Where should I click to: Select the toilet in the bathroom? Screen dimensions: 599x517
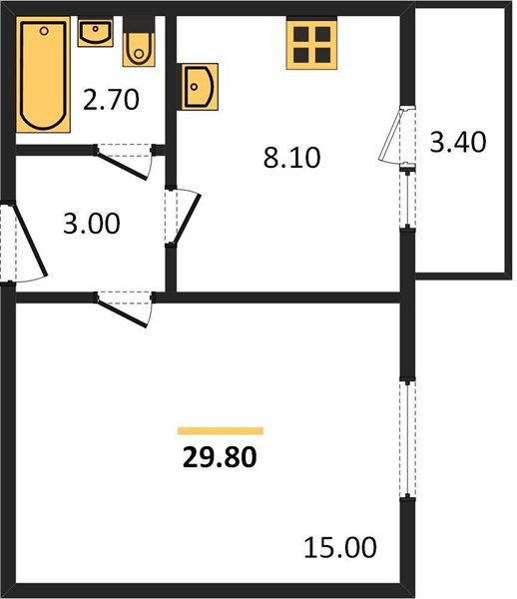pos(139,43)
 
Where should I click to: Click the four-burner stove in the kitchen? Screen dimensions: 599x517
pos(310,44)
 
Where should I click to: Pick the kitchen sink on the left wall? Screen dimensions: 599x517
pos(199,86)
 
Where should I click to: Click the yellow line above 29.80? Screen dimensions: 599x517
pos(220,431)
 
